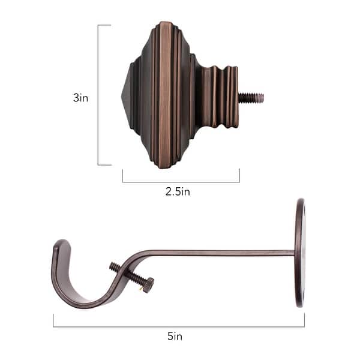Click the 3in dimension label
point(80,98)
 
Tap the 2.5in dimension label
point(178,192)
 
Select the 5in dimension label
point(175,337)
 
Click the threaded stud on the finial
point(251,97)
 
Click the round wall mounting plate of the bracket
point(299,253)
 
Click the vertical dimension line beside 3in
point(98,96)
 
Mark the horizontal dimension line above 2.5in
point(180,182)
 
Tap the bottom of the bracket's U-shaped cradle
point(84,303)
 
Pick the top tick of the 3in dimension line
point(104,25)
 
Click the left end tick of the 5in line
point(53,321)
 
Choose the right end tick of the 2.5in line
point(239,175)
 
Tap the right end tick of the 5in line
point(304,321)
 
